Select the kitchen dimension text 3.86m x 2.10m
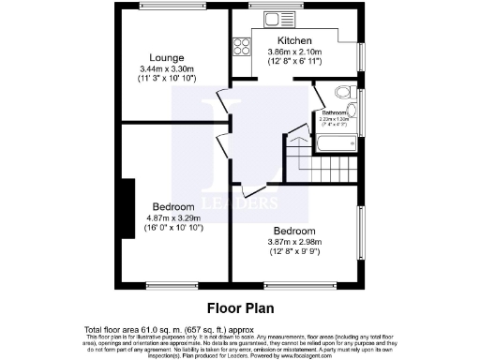click(x=294, y=52)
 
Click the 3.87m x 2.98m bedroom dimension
click(x=294, y=240)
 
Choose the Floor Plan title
click(x=238, y=307)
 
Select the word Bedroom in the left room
click(x=173, y=206)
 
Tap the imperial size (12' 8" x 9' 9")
click(x=294, y=250)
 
